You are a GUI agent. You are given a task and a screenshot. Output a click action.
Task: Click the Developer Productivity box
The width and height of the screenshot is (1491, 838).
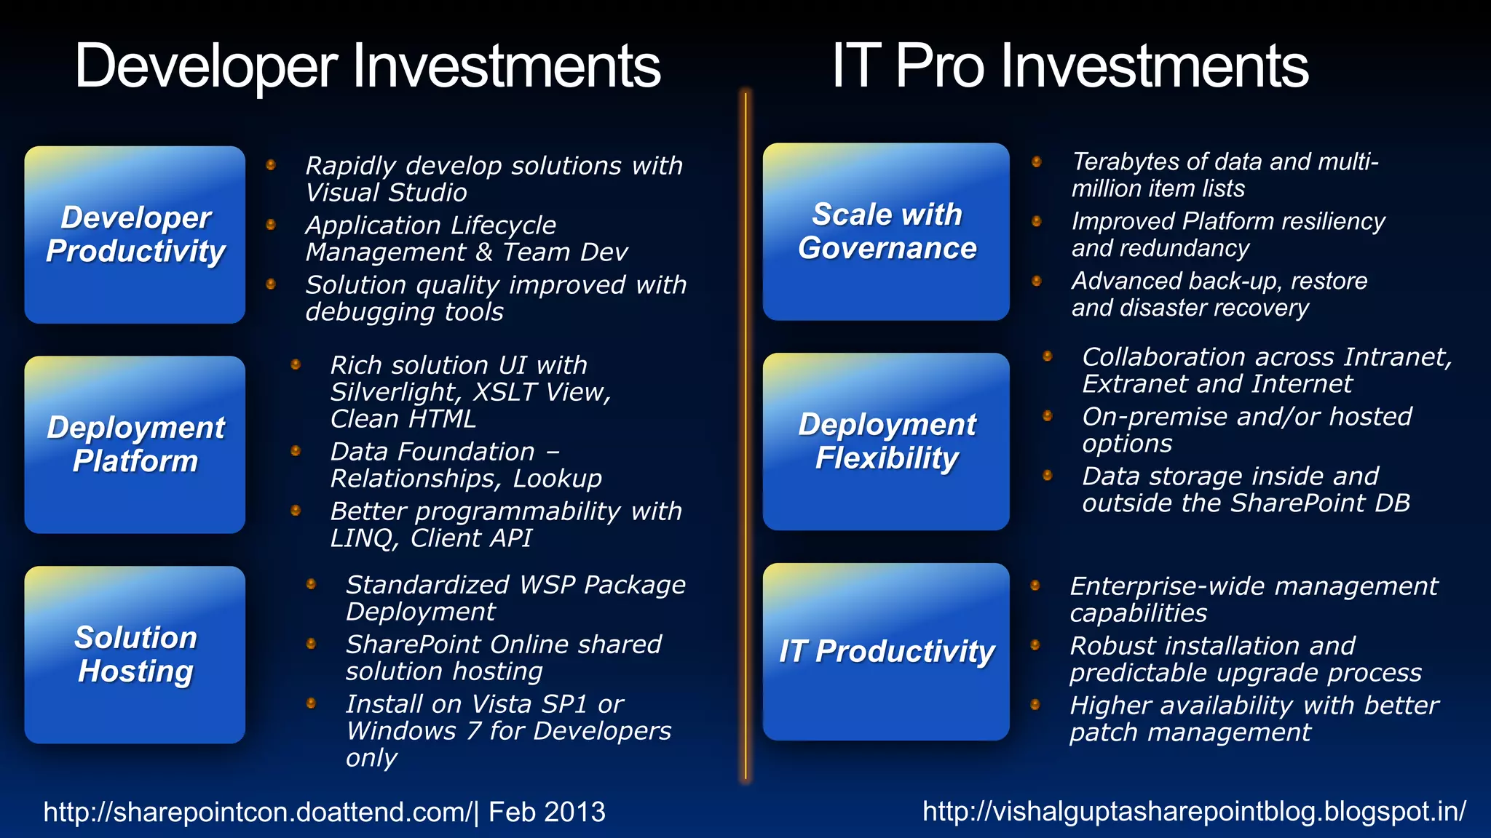[x=135, y=234]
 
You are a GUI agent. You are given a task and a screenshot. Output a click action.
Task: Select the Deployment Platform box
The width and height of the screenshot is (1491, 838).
[x=135, y=444]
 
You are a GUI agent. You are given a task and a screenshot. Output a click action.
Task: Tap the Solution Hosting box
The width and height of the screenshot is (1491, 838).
[x=135, y=654]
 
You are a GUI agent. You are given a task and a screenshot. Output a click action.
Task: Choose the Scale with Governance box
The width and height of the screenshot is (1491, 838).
[x=886, y=231]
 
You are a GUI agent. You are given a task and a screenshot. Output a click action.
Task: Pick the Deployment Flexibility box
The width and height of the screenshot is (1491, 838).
[x=886, y=442]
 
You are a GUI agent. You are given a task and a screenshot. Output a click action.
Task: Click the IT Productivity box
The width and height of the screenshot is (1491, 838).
[x=886, y=651]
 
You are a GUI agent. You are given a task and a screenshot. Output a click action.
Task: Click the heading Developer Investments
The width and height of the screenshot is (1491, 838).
[x=368, y=66]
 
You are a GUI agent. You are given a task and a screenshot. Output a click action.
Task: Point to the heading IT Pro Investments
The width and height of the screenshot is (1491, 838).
[x=1069, y=66]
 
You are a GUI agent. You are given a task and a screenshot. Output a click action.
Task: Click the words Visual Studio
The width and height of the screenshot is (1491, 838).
[x=386, y=193]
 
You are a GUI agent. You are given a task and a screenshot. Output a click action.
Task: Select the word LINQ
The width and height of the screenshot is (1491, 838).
[x=363, y=538]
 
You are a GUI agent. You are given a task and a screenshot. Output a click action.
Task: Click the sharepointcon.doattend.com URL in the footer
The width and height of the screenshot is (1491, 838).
[x=258, y=812]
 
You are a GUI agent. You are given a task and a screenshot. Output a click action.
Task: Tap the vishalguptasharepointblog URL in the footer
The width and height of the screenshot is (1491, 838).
[x=1194, y=811]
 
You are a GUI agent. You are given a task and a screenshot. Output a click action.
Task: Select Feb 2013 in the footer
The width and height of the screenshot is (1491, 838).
[x=547, y=812]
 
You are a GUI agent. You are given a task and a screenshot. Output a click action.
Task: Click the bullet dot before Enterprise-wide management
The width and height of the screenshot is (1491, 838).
[x=1035, y=585]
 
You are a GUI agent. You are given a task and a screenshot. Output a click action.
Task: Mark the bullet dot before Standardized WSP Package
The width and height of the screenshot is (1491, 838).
[x=311, y=583]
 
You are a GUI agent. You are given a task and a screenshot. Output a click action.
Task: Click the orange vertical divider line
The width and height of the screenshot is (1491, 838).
[x=745, y=436]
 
